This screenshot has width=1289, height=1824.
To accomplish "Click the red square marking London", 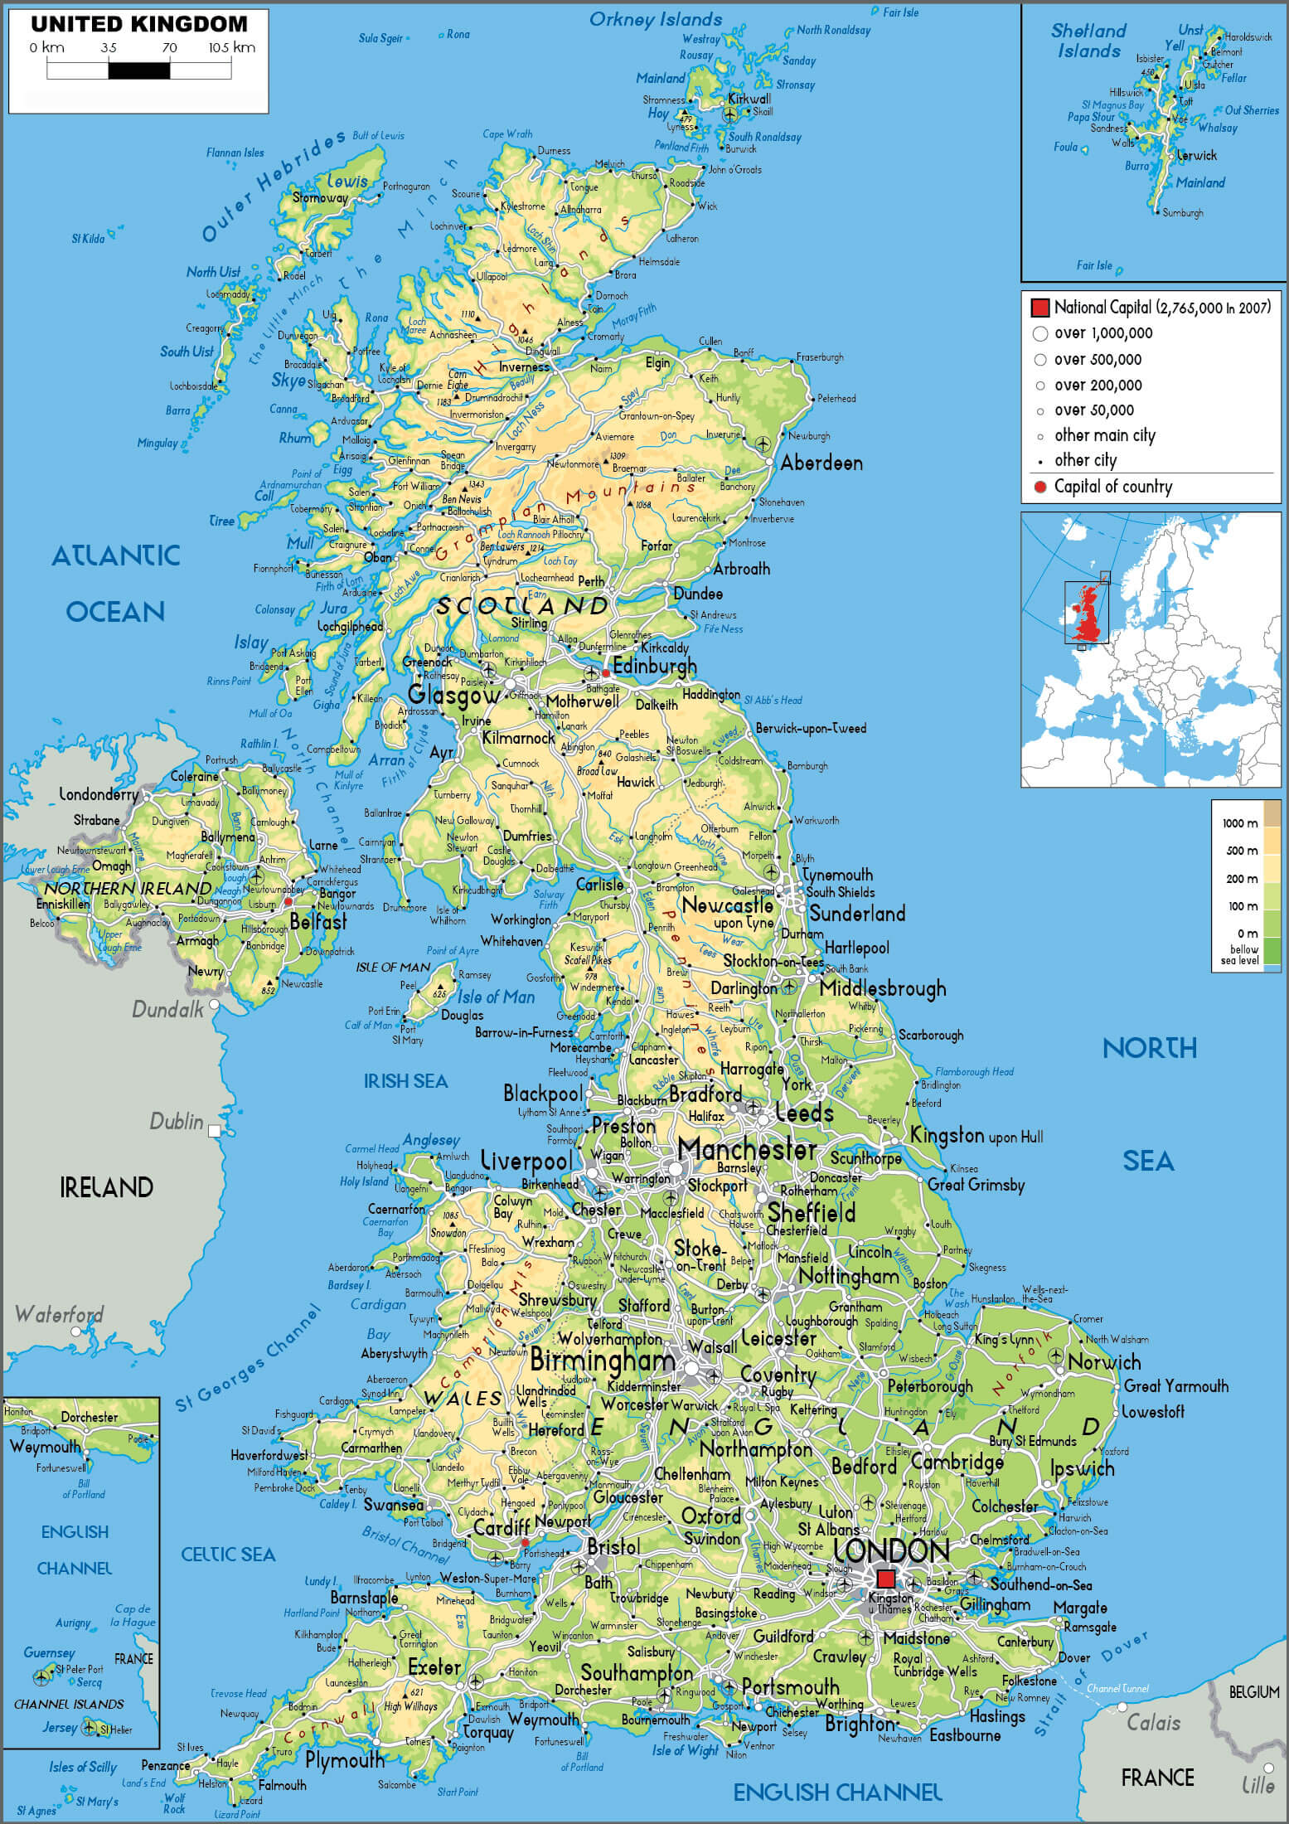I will (x=885, y=1578).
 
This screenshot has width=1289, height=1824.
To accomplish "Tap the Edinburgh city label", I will (x=656, y=667).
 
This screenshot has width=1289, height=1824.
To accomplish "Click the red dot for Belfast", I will (x=288, y=901).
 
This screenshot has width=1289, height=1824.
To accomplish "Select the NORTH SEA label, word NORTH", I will (x=1149, y=1049).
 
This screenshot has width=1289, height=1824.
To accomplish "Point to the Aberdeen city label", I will (x=821, y=463).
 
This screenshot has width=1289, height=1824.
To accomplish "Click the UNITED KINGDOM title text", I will (x=138, y=24).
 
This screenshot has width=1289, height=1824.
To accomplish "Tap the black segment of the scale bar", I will (x=139, y=70).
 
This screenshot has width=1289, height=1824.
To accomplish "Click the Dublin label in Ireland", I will (x=177, y=1122).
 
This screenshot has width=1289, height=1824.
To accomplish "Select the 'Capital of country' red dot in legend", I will (x=1040, y=487).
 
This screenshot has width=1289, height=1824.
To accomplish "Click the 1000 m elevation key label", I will (x=1240, y=823).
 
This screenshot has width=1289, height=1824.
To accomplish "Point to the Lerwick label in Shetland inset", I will (x=1196, y=155).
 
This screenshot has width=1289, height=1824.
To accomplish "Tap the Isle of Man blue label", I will (x=497, y=997).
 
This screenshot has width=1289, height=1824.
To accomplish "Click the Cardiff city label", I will (x=502, y=1527).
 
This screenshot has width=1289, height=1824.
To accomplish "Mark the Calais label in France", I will (x=1153, y=1722).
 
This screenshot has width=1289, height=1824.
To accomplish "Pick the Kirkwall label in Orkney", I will (x=749, y=99).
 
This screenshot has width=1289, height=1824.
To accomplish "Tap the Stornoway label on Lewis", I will (x=320, y=198).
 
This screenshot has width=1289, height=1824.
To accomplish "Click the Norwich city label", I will (x=1104, y=1362).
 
